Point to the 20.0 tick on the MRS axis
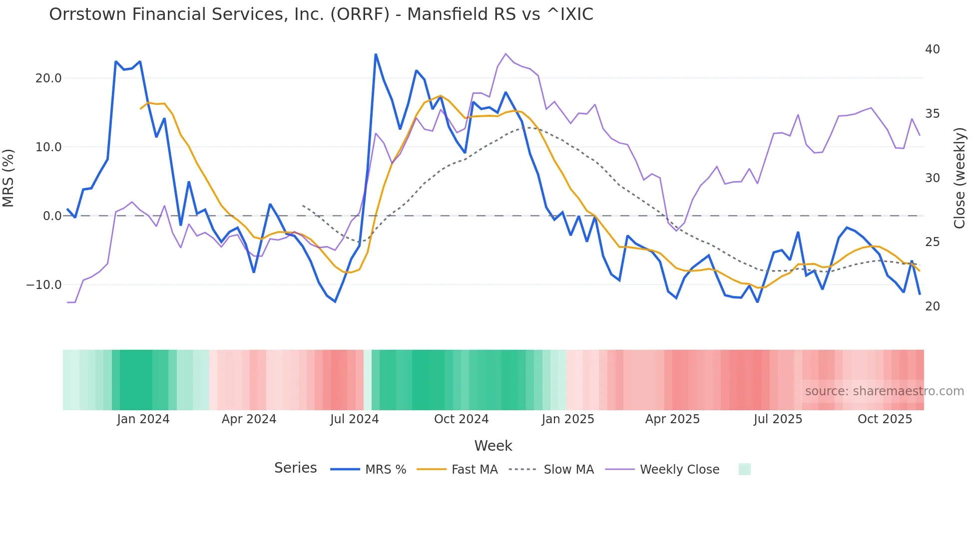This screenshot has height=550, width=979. (48, 78)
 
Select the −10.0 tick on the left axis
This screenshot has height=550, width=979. (44, 285)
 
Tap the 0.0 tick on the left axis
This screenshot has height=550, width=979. (52, 216)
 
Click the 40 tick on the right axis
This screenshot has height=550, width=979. (932, 49)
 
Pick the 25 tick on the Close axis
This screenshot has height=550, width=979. (932, 242)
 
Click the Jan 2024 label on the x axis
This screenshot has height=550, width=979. (143, 419)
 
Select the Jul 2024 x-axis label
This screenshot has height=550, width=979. (354, 419)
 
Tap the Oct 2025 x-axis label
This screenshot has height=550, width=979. (885, 419)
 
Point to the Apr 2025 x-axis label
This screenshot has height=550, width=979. (672, 419)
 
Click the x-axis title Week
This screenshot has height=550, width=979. (493, 446)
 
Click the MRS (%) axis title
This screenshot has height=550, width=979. (8, 178)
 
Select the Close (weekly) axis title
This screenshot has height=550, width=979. (960, 178)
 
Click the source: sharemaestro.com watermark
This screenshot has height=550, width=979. (884, 391)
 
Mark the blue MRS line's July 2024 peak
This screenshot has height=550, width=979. (376, 54)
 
